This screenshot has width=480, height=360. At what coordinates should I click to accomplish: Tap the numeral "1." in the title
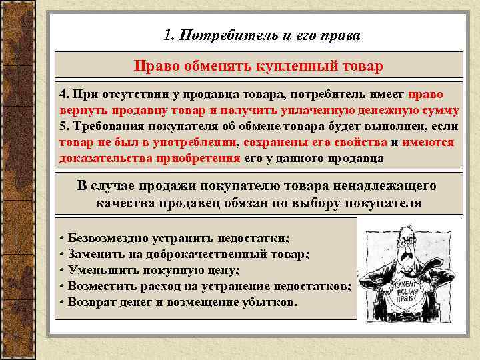(169, 35)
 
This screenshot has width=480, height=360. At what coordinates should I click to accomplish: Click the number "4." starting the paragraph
(65, 95)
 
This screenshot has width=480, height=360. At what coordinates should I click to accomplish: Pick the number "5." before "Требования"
(65, 126)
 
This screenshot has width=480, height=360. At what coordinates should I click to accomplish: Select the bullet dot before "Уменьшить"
(61, 270)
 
